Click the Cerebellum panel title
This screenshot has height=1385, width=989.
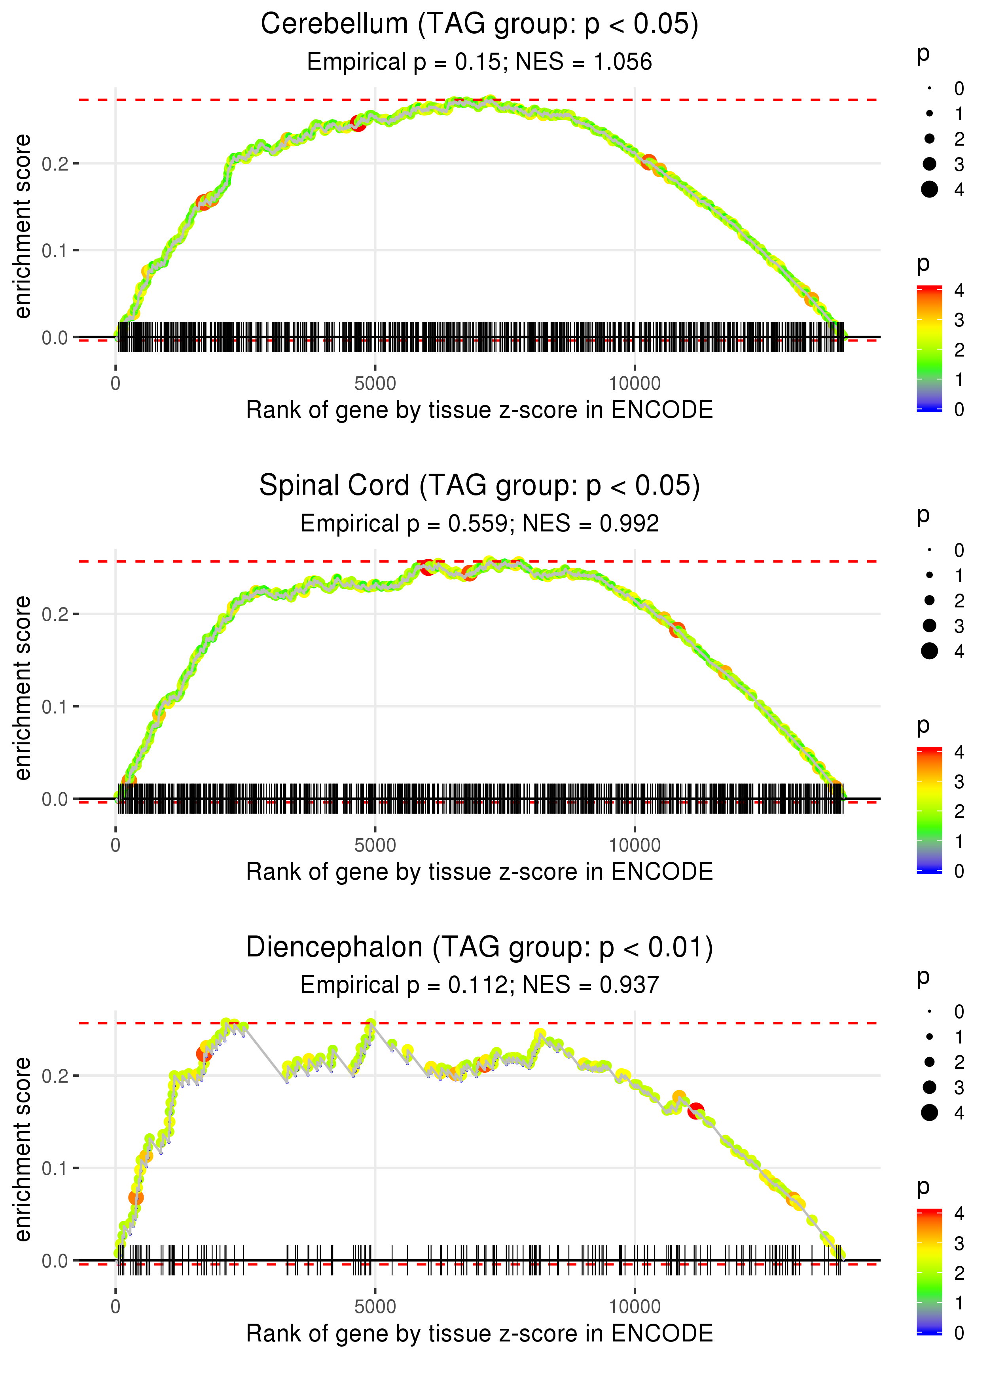[x=479, y=25]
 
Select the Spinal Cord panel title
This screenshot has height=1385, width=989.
[x=479, y=486]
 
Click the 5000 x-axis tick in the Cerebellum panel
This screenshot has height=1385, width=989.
[x=375, y=384]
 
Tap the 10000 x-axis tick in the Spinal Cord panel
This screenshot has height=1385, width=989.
[x=635, y=845]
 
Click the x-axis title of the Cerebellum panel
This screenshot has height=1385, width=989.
[x=479, y=410]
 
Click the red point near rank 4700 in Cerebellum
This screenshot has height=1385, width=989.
[x=358, y=123]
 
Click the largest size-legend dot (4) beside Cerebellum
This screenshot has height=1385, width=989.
[x=929, y=190]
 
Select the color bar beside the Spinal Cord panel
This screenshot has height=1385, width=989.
[x=929, y=810]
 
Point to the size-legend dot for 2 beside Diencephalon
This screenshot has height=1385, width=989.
[x=929, y=1062]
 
